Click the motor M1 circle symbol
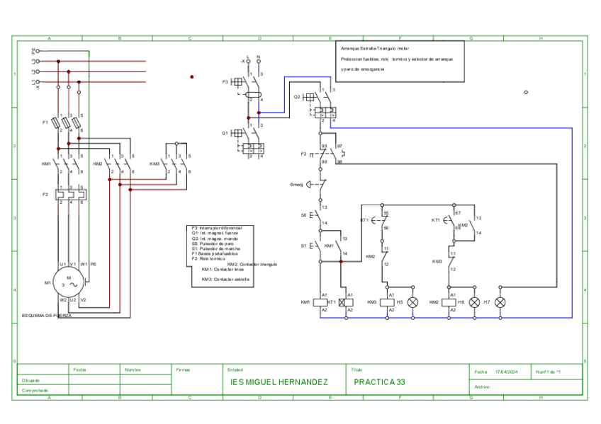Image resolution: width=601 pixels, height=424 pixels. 69,282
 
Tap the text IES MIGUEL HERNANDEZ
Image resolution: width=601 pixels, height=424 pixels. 280,382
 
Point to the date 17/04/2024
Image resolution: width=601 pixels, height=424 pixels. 507,372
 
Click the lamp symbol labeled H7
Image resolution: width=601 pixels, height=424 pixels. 500,302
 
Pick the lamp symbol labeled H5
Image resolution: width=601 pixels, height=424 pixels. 413,302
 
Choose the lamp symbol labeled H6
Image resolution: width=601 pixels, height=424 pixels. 475,302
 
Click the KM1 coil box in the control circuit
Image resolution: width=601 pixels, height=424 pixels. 324,302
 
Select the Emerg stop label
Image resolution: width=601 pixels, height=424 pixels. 296,185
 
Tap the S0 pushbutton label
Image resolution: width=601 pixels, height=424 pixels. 304,214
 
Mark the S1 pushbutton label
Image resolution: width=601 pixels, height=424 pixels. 304,246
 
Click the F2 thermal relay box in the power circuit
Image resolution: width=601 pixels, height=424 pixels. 72,194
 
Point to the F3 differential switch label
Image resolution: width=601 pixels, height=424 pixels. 225,82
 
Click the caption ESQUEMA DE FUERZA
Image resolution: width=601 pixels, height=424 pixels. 47,316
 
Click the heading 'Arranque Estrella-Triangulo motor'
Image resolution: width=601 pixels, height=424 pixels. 375,48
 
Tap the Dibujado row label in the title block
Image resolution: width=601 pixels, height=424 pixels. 31,380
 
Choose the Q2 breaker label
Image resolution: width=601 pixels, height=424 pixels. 298,96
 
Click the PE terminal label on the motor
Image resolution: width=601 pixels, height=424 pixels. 93,264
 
